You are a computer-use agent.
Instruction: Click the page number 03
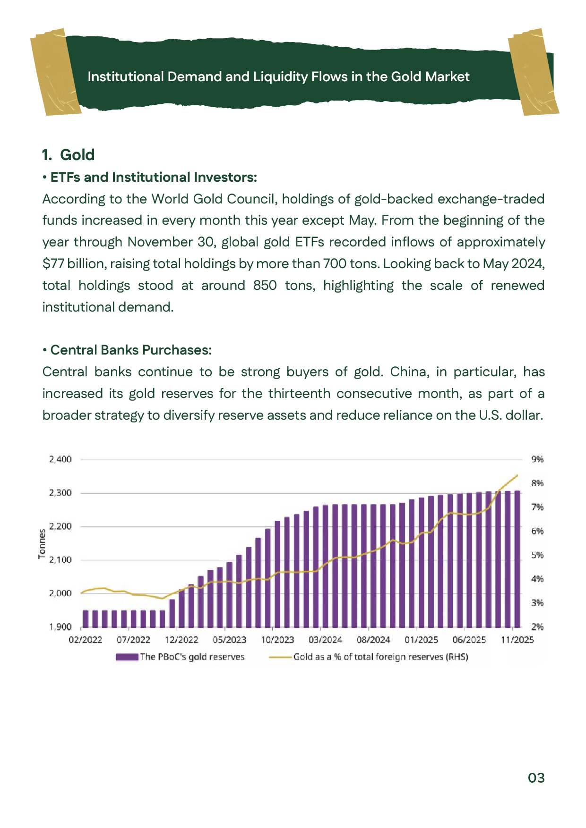536,777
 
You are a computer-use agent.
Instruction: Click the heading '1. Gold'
69,155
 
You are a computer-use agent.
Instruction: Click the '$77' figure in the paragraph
52,263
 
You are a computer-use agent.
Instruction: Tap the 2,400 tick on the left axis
60,459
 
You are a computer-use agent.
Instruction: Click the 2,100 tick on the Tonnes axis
60,560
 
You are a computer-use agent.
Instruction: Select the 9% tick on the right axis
537,459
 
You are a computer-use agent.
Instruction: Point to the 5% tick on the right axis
537,555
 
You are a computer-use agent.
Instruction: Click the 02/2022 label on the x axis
86,640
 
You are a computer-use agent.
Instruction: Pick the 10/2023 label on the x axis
277,640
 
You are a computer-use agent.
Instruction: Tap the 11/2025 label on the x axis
517,640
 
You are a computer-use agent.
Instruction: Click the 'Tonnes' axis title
42,544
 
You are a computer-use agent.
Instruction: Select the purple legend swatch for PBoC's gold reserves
127,657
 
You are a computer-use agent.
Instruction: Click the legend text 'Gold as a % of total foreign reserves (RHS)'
380,657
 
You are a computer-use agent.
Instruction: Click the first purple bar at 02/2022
86,618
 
